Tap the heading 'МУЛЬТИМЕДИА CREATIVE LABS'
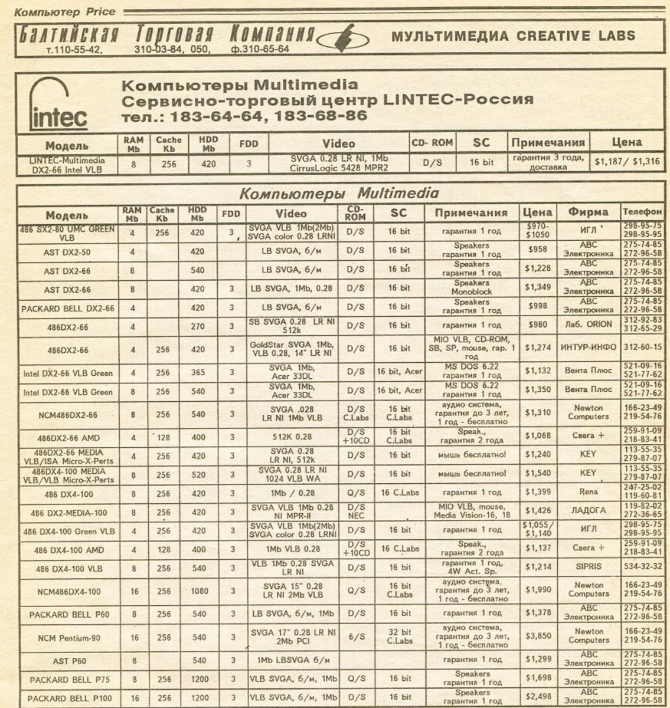513,35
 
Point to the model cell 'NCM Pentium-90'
69,638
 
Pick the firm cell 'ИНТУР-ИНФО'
588,348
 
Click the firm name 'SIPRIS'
588,567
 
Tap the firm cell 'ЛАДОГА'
588,511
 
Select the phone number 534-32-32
642,567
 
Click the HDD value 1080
199,591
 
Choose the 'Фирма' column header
588,212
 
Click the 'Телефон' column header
642,212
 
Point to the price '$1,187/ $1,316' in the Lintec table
626,162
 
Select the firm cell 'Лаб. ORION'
588,325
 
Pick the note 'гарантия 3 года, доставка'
548,162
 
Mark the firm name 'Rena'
588,492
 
